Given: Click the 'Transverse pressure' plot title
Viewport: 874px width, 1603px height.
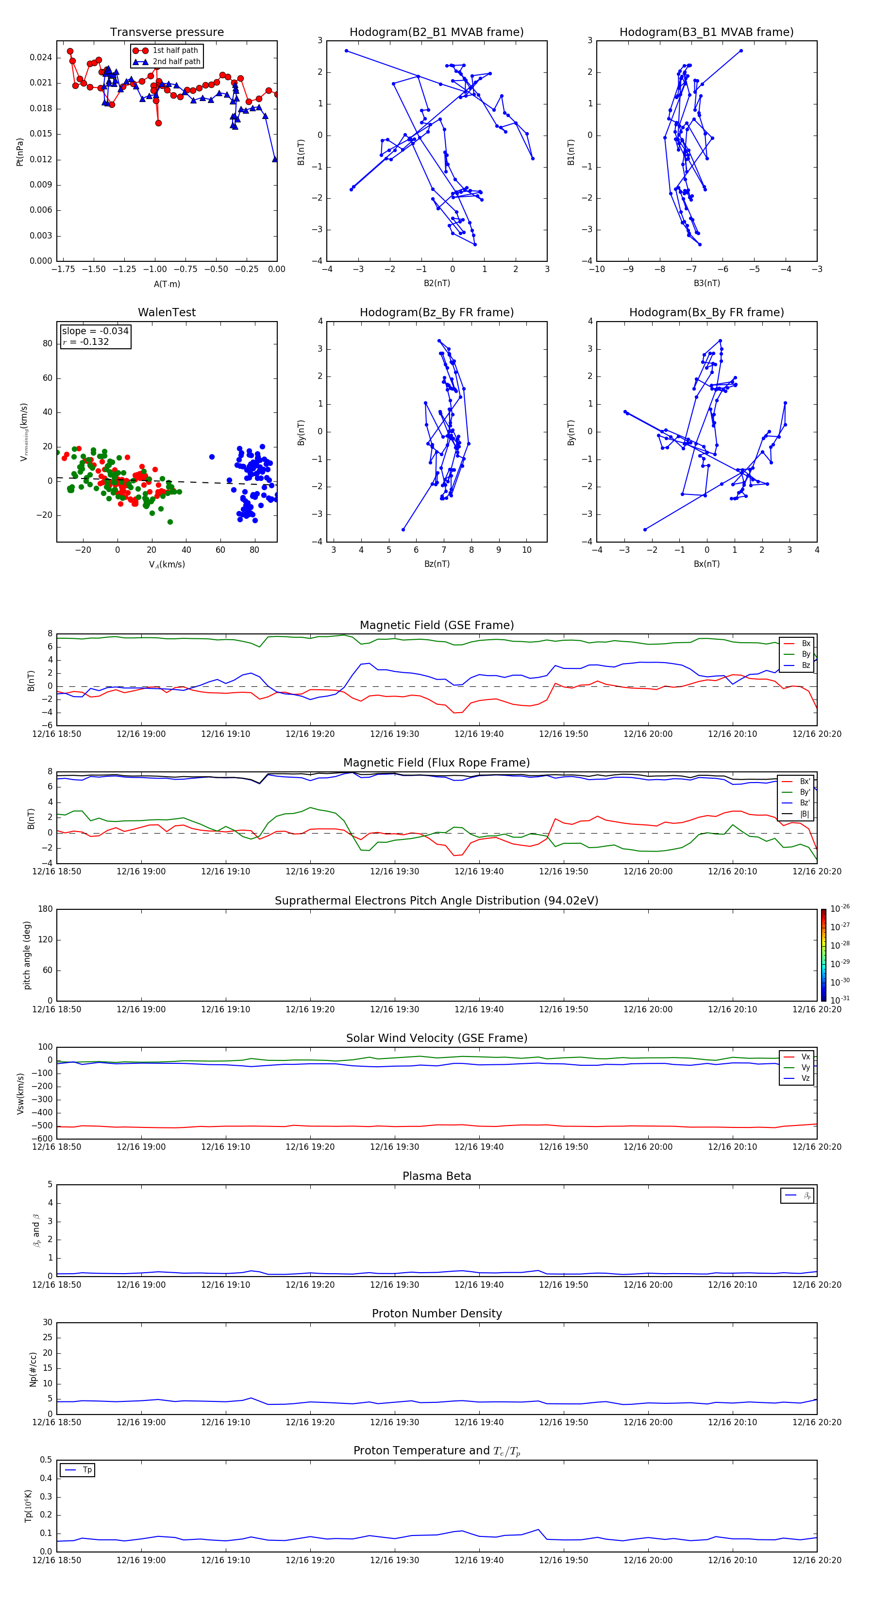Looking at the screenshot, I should pos(167,33).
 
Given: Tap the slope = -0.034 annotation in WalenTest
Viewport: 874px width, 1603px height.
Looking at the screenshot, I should pos(95,331).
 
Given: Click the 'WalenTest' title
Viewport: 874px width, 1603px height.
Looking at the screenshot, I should pos(167,312).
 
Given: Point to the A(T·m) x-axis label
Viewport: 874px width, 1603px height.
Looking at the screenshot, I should pos(167,284).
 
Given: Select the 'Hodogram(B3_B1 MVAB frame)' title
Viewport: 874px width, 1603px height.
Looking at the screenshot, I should pos(706,33).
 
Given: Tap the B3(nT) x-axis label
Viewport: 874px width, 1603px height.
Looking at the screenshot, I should pos(706,283).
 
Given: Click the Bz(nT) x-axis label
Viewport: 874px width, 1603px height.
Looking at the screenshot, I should pos(437,564).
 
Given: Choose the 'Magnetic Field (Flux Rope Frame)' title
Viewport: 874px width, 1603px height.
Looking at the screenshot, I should pos(436,763).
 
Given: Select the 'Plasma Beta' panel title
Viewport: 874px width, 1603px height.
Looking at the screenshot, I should pos(436,1176).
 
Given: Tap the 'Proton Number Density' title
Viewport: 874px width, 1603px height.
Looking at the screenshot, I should pos(436,1313).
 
